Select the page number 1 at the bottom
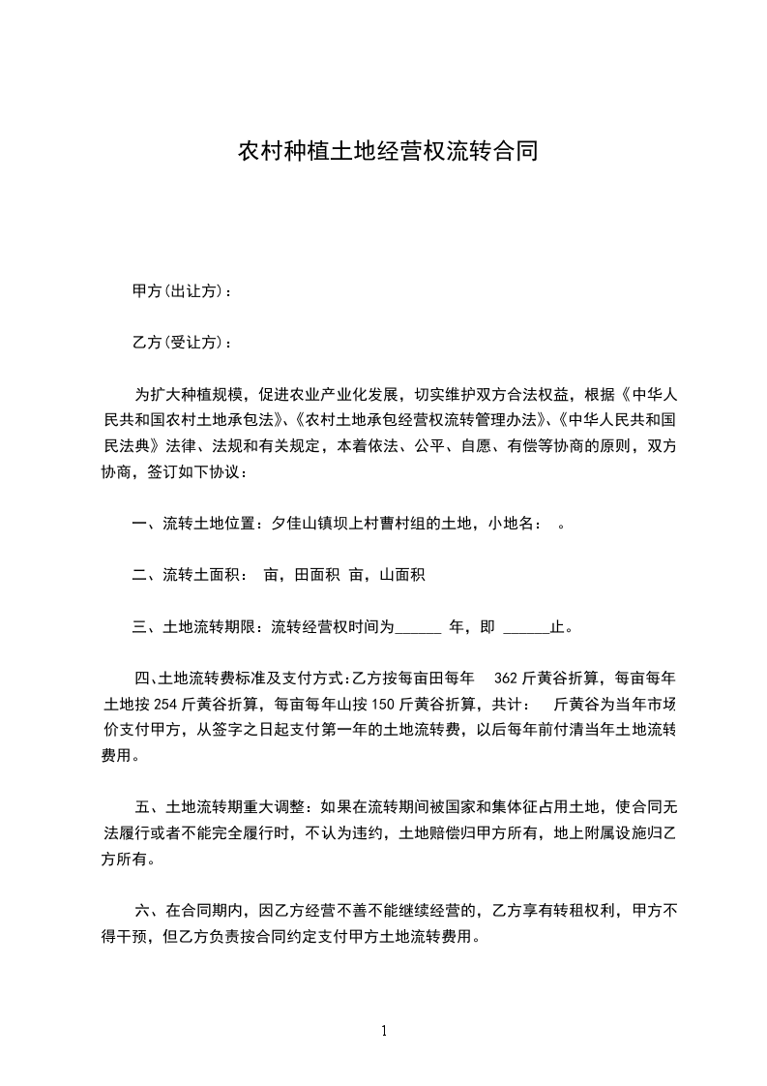384,1031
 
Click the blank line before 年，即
419,627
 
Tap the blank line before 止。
527,627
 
